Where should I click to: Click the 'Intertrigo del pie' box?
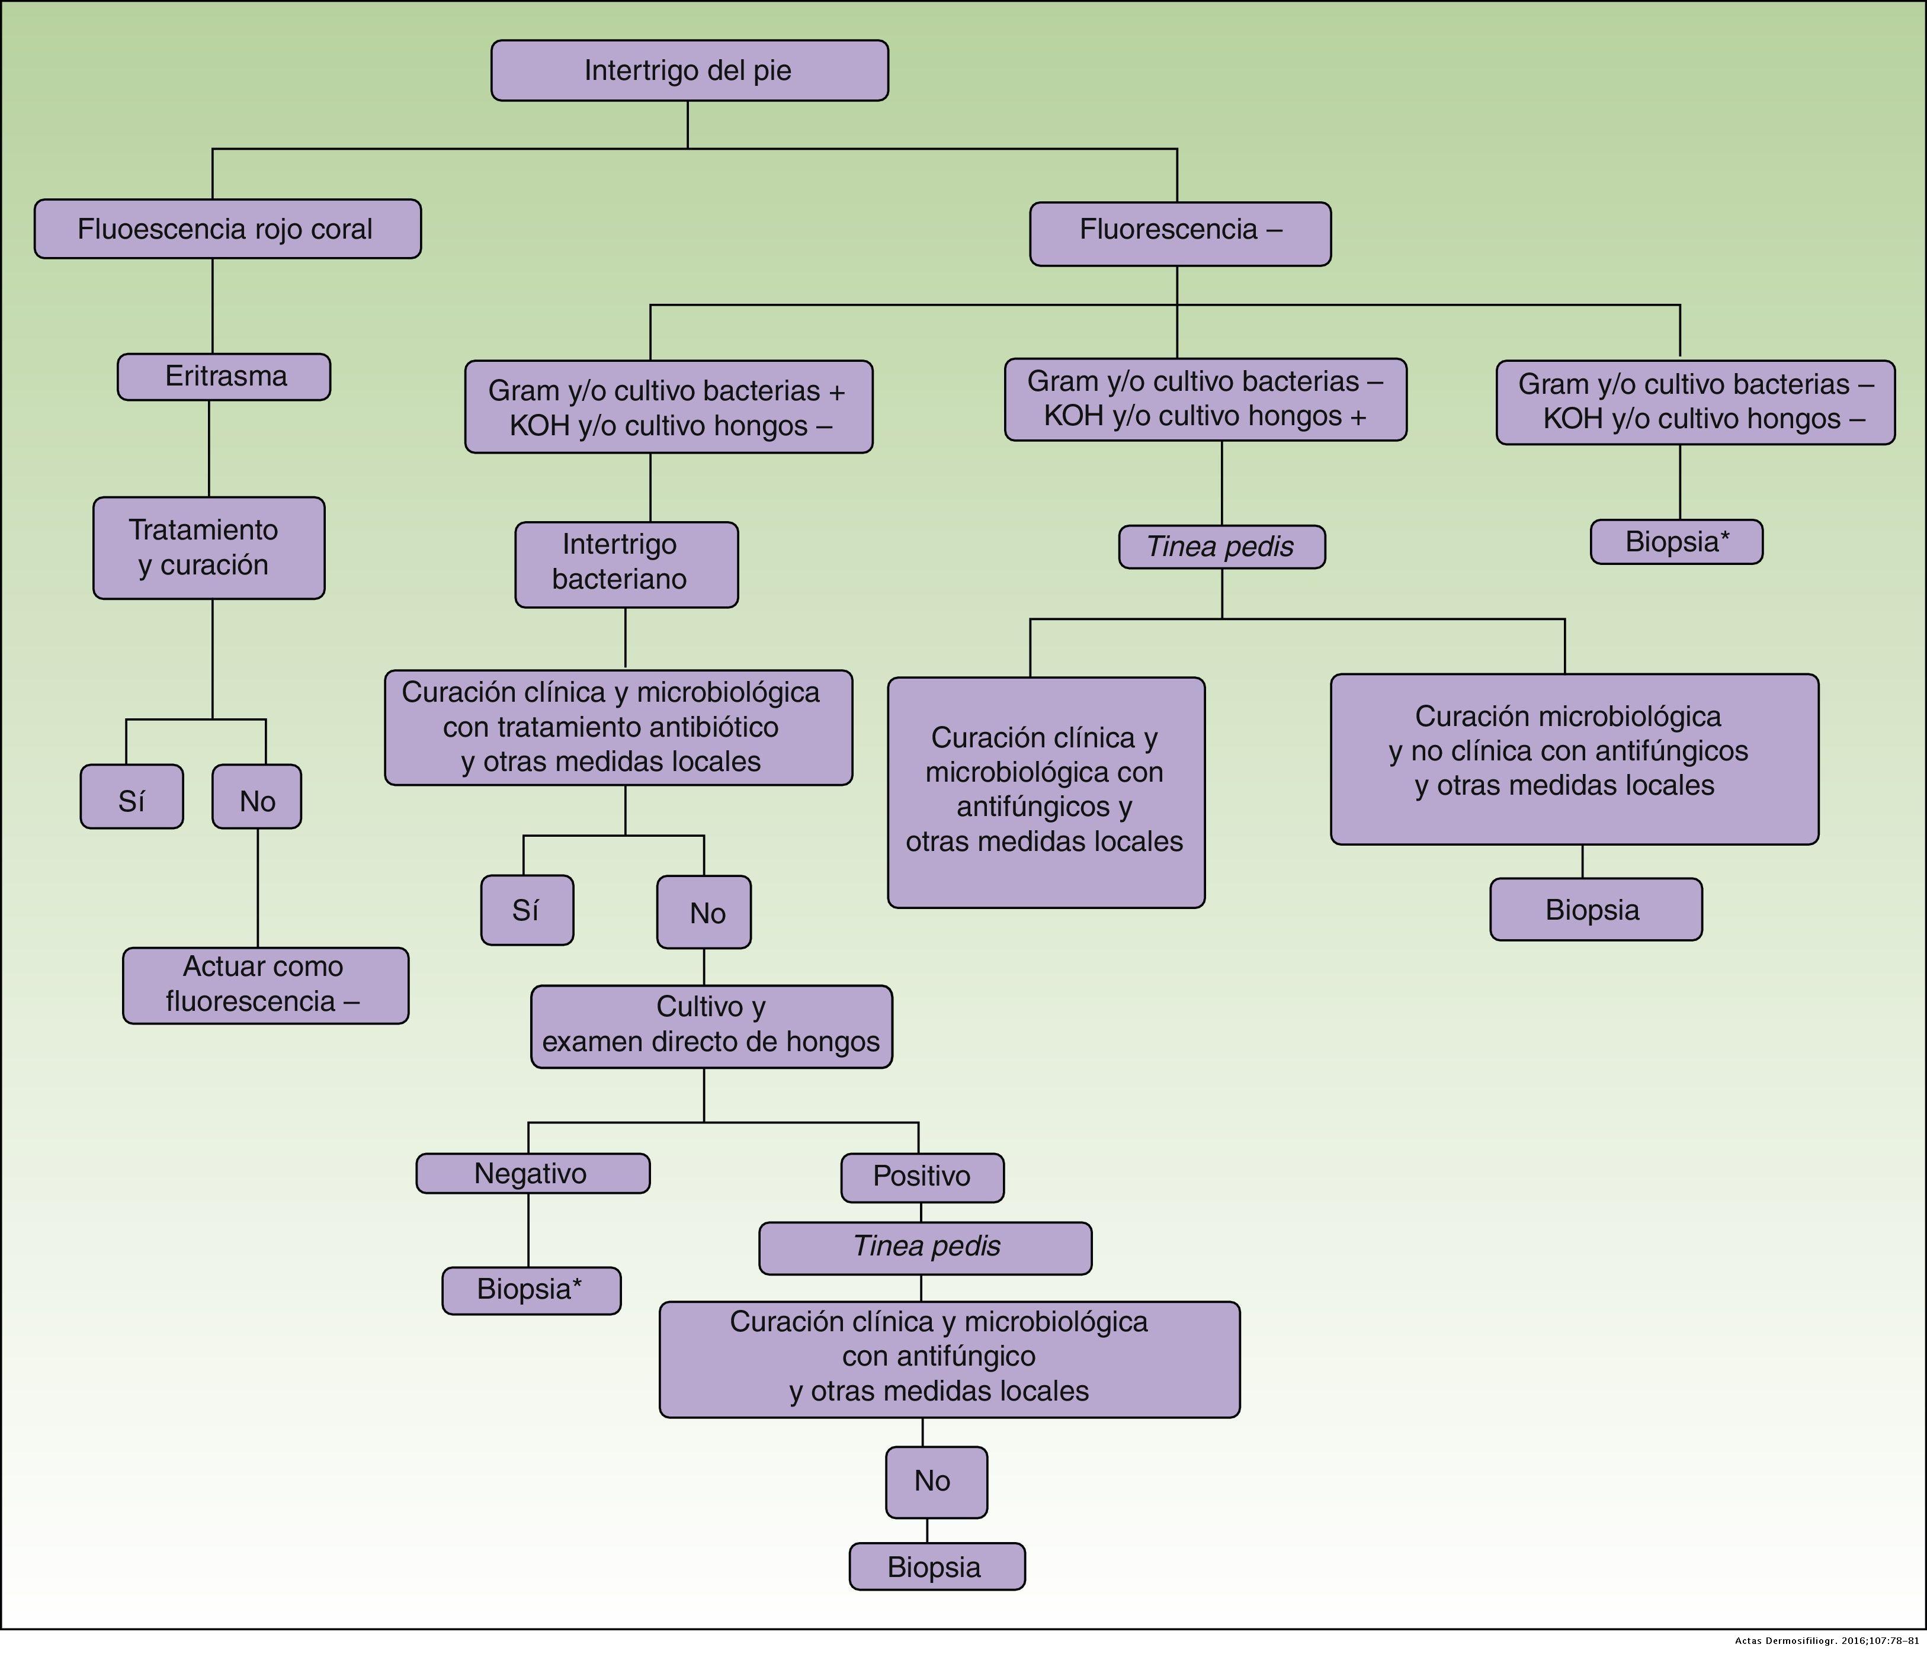689,70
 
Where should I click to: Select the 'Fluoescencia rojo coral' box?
227,229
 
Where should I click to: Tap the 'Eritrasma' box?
224,377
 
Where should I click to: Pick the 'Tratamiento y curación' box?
209,548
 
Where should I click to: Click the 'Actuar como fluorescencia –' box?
265,985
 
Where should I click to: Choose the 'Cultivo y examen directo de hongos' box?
711,1026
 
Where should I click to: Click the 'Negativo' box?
532,1173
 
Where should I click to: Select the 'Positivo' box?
922,1176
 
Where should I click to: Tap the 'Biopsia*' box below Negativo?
531,1290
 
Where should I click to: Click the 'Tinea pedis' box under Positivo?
925,1247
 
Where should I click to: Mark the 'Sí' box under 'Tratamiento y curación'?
131,797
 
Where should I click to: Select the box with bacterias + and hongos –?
669,407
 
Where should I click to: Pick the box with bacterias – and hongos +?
1205,399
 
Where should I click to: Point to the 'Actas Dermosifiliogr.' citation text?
1826,1642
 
